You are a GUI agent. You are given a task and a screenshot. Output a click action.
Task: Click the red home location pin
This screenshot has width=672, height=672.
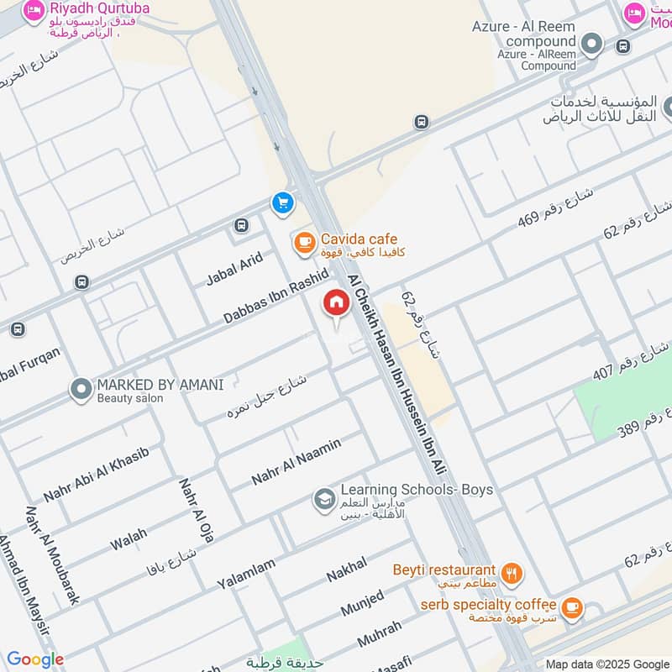tap(336, 304)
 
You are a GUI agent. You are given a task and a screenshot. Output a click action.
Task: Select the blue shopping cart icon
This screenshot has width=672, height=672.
tap(282, 202)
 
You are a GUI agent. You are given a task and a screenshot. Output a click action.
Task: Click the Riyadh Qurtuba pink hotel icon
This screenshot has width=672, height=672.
tap(34, 12)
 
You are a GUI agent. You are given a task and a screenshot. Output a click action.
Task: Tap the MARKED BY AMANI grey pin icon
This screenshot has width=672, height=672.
tap(81, 390)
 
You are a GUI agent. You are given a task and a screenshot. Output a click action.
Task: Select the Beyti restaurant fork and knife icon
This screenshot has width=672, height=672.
tap(512, 575)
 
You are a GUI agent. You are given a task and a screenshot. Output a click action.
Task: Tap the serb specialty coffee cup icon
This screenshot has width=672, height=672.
tap(572, 608)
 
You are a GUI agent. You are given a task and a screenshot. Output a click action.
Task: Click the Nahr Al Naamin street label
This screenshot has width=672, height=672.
tap(296, 461)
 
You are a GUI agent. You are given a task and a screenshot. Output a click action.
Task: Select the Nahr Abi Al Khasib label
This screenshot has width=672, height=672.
tap(96, 475)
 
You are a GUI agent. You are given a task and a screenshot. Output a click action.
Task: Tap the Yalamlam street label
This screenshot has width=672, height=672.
tap(245, 574)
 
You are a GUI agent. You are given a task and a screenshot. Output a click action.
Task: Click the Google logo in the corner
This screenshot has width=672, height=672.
tap(35, 659)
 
